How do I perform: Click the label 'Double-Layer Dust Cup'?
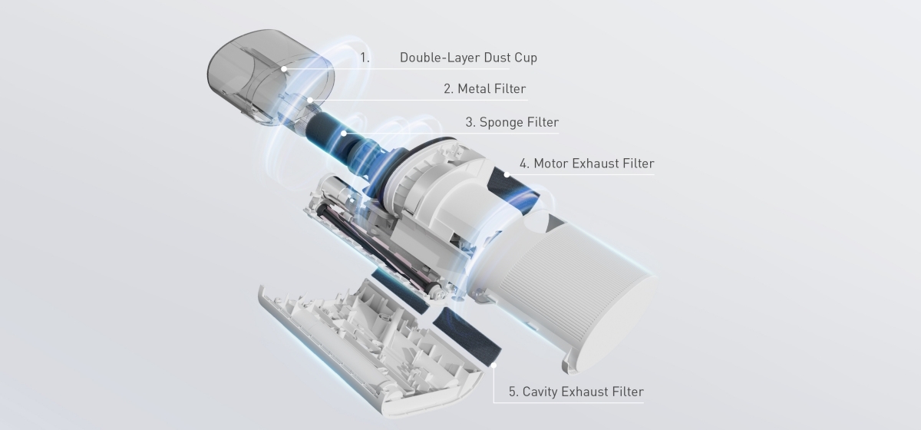pyautogui.click(x=468, y=58)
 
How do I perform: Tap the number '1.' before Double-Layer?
pyautogui.click(x=365, y=58)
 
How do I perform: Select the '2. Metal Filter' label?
pyautogui.click(x=485, y=89)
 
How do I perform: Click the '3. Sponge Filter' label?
pyautogui.click(x=512, y=122)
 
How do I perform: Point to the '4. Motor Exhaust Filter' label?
pyautogui.click(x=586, y=163)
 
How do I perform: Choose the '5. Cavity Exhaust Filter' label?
pyautogui.click(x=576, y=392)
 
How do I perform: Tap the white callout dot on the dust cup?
pyautogui.click(x=284, y=68)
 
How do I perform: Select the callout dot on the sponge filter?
pyautogui.click(x=345, y=133)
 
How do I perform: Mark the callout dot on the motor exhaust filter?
pyautogui.click(x=507, y=174)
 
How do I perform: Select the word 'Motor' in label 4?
pyautogui.click(x=552, y=163)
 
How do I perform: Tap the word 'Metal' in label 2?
pyautogui.click(x=474, y=89)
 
